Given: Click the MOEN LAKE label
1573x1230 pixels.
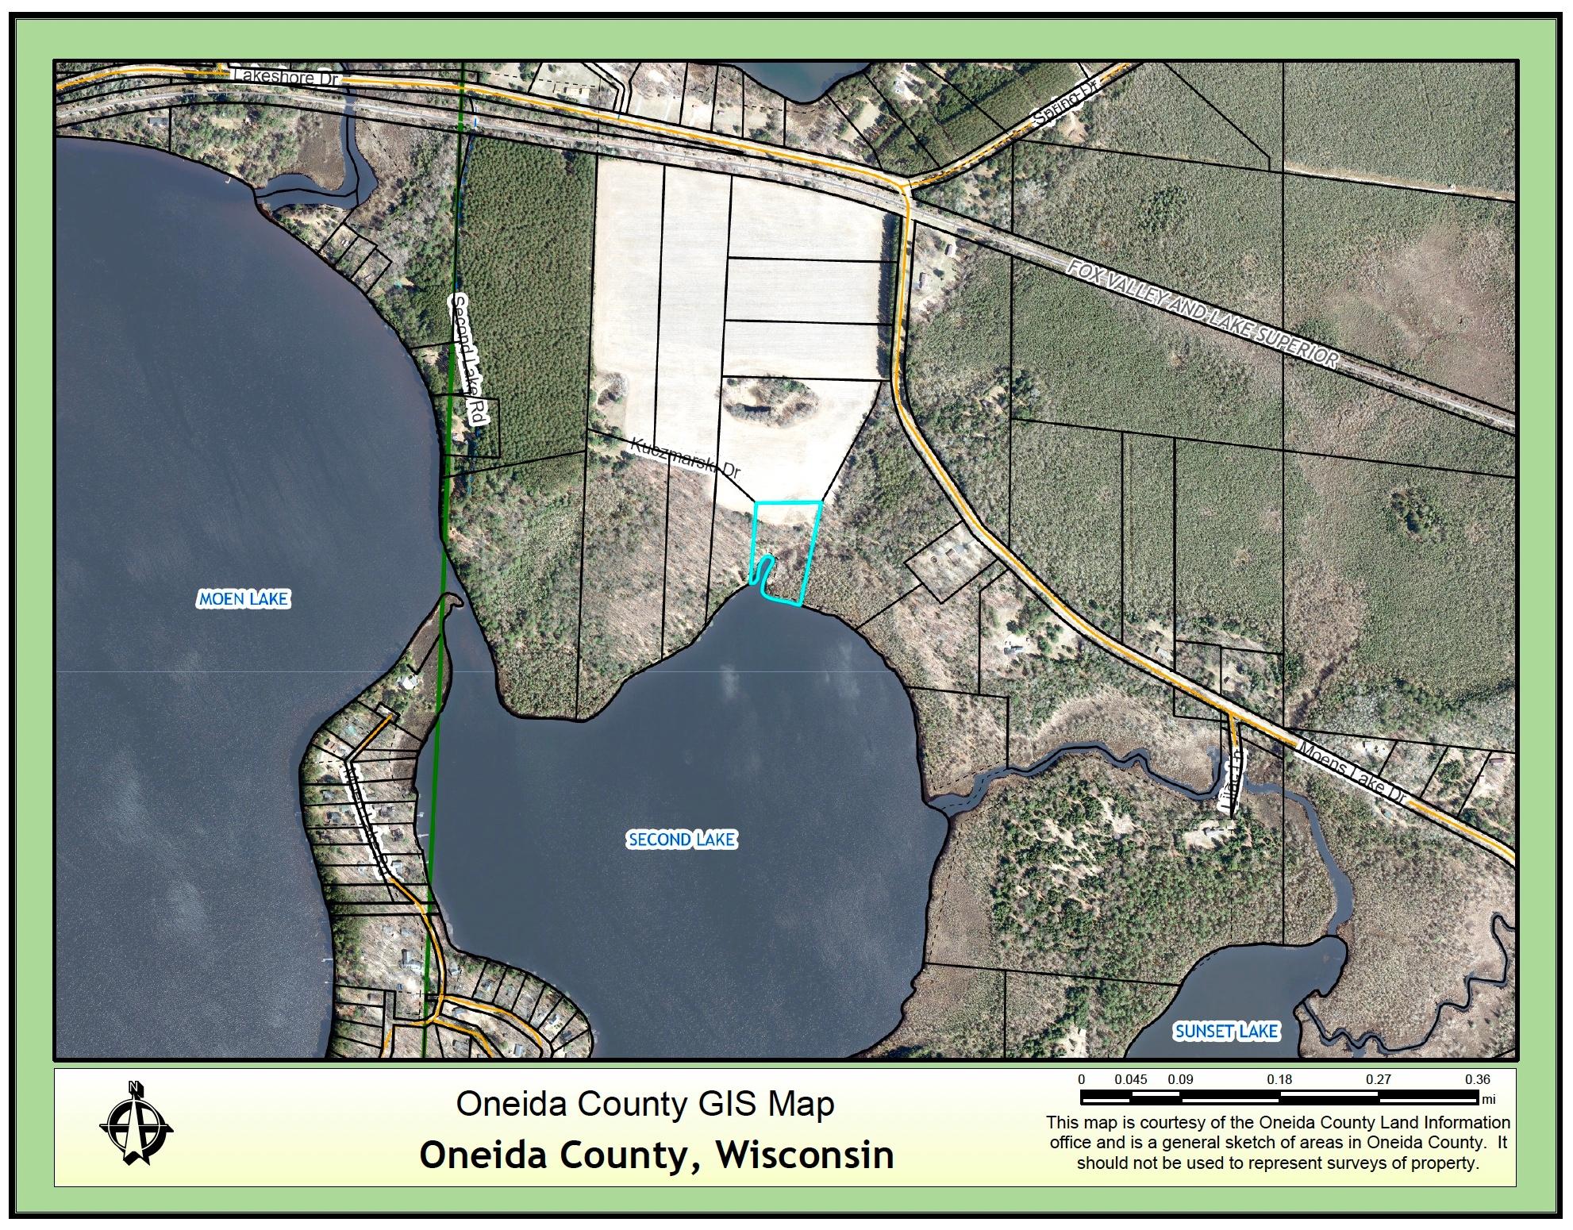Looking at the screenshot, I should pos(243,598).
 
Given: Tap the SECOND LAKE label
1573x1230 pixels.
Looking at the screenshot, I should pos(682,840).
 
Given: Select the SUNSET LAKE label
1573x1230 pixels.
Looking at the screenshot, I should pos(1226,1031).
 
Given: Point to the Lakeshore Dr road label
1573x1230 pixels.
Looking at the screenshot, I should pos(287,79).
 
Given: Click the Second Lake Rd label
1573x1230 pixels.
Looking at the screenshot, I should pos(468,362).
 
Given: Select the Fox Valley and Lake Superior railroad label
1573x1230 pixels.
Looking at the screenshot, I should pos(1202,314).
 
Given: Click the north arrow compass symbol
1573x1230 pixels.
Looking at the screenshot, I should pos(136,1123).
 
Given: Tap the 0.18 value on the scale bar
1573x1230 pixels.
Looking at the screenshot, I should pos(1279,1079).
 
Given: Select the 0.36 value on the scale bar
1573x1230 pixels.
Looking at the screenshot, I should pos(1478,1079).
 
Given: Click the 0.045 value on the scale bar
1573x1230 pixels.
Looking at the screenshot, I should pos(1130,1079).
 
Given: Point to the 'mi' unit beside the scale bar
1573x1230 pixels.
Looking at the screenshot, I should pos(1488,1100).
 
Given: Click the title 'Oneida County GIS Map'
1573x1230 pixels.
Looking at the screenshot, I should pos(645,1104).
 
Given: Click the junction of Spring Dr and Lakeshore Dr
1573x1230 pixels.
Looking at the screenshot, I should pos(906,188).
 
